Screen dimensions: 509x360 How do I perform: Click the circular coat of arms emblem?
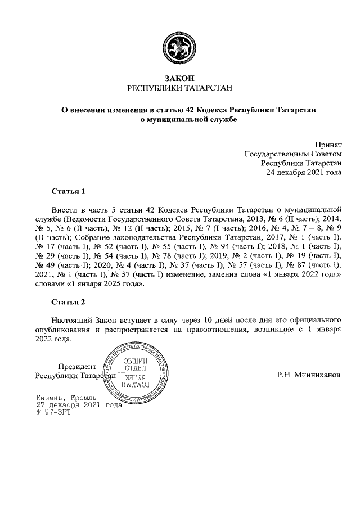pyautogui.click(x=179, y=46)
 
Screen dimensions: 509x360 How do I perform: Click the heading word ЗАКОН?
pyautogui.click(x=179, y=78)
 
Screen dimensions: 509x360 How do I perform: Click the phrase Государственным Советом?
pyautogui.click(x=293, y=154)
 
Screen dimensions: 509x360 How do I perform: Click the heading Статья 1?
pyautogui.click(x=68, y=191)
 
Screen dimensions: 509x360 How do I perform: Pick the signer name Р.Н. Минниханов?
pyautogui.click(x=309, y=375)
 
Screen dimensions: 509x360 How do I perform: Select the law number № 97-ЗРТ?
pyautogui.click(x=48, y=412)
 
